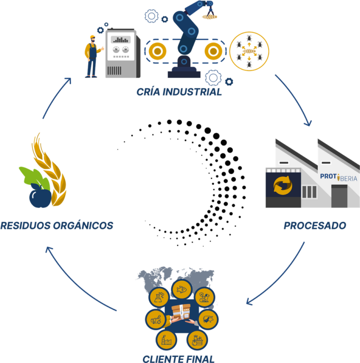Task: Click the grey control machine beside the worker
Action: point(121,54)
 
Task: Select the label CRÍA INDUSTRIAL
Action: point(179,91)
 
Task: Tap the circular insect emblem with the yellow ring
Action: point(249,51)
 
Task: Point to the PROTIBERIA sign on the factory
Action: point(338,178)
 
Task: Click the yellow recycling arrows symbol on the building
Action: point(283,185)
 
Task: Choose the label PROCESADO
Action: point(315,226)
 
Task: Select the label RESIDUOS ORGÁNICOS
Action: point(57,226)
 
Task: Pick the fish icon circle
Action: point(180,290)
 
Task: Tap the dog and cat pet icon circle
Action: point(204,297)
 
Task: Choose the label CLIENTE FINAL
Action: point(179,359)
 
